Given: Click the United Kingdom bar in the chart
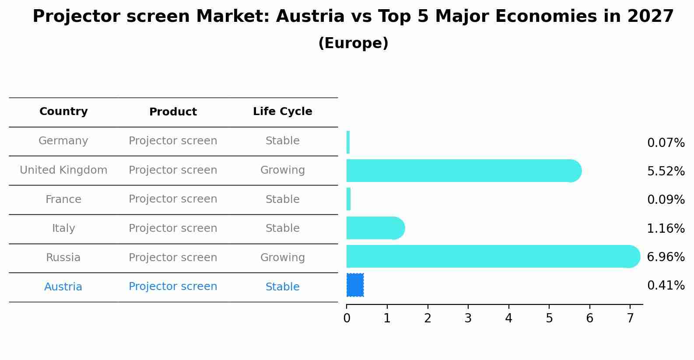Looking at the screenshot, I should [463, 171].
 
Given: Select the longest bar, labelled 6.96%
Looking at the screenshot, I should [493, 256].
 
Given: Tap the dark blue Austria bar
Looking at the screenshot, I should [355, 285].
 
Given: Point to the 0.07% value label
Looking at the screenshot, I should [666, 143].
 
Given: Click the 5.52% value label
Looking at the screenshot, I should [666, 171].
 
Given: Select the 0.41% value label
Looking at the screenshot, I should [666, 286].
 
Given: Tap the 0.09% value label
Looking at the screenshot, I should [666, 200].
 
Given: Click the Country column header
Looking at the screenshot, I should [63, 112].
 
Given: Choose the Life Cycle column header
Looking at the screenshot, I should [282, 112].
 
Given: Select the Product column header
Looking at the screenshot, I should [173, 112].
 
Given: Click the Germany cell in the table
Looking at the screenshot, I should [63, 141].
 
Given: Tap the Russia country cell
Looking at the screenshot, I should [63, 258].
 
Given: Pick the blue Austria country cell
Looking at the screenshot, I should [63, 287].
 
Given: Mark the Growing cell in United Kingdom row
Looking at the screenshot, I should [282, 170].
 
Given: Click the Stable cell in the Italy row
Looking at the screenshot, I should [282, 228].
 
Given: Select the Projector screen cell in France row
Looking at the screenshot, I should [173, 199].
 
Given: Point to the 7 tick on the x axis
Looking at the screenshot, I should [630, 318].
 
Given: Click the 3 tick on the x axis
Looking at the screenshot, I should [468, 318].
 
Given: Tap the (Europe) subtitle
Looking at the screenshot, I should [353, 43].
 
